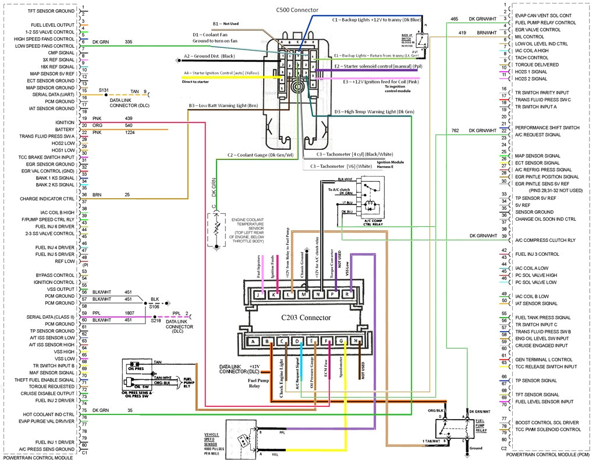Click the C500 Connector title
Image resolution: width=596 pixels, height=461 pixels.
point(297,10)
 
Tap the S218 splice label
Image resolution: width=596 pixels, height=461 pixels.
point(155,320)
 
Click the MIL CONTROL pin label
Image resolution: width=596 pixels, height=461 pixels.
point(529,37)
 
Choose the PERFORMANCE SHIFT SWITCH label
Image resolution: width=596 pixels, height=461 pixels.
point(547,128)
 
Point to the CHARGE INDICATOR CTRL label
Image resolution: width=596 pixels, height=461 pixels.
point(47,199)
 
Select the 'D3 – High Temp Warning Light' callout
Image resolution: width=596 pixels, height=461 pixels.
point(374,111)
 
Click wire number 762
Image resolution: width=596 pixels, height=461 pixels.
point(455,130)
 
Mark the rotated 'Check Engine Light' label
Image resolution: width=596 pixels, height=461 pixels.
point(281,377)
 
